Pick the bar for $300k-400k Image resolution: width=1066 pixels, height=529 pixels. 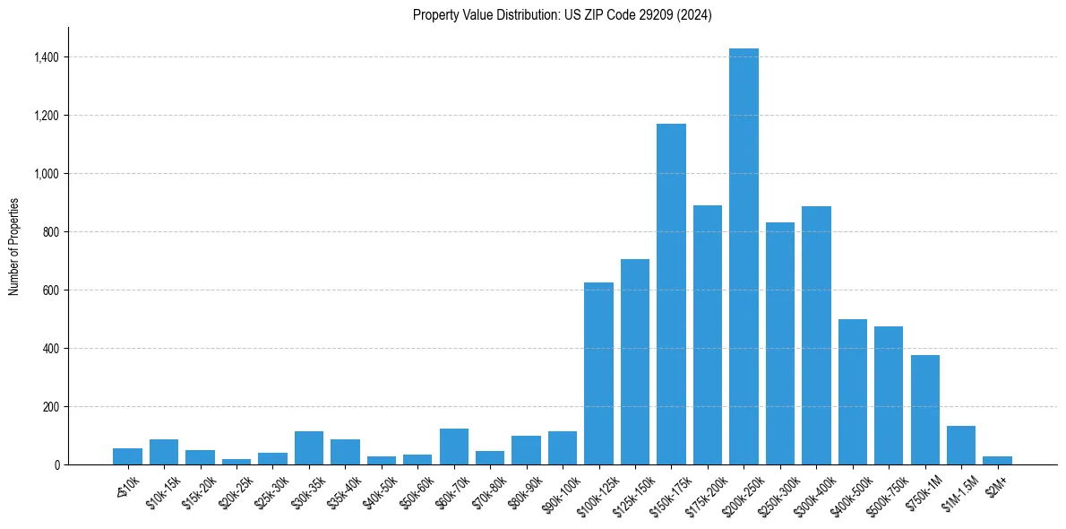click(816, 335)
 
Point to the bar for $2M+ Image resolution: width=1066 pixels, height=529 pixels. click(997, 460)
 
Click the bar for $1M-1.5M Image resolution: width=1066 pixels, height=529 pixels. click(961, 445)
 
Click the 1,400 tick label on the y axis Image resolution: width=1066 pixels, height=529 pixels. click(47, 57)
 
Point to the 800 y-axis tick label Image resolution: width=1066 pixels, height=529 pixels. click(52, 232)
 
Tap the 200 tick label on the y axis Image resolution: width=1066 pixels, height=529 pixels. click(52, 407)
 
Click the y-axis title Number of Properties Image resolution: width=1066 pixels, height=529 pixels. click(13, 247)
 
